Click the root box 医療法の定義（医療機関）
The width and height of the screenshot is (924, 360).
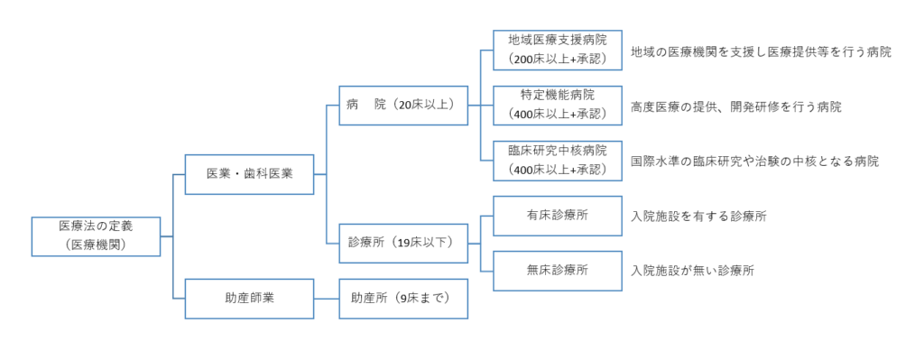tap(96, 235)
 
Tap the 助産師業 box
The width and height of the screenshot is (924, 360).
tap(249, 298)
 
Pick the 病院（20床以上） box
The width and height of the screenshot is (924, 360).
tap(402, 105)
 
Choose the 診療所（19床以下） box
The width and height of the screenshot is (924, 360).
tap(402, 242)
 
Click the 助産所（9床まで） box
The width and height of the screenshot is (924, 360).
tap(402, 298)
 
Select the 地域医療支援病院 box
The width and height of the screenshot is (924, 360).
tap(557, 51)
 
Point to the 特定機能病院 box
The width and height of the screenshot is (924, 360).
tap(557, 106)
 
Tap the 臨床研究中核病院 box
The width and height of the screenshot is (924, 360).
tap(557, 161)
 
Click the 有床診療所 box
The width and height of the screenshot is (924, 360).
tap(557, 216)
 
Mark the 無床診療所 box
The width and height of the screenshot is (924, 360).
tap(557, 270)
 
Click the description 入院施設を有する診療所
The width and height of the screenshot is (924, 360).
tap(698, 217)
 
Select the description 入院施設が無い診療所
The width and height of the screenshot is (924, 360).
tap(692, 271)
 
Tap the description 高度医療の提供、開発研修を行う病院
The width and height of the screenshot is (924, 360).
tap(735, 106)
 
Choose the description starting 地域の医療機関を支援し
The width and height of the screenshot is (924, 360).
tap(761, 52)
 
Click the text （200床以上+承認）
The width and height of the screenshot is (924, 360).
tap(557, 60)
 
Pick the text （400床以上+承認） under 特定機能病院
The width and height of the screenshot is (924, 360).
tap(557, 115)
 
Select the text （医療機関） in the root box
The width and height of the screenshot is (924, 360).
tap(96, 244)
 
